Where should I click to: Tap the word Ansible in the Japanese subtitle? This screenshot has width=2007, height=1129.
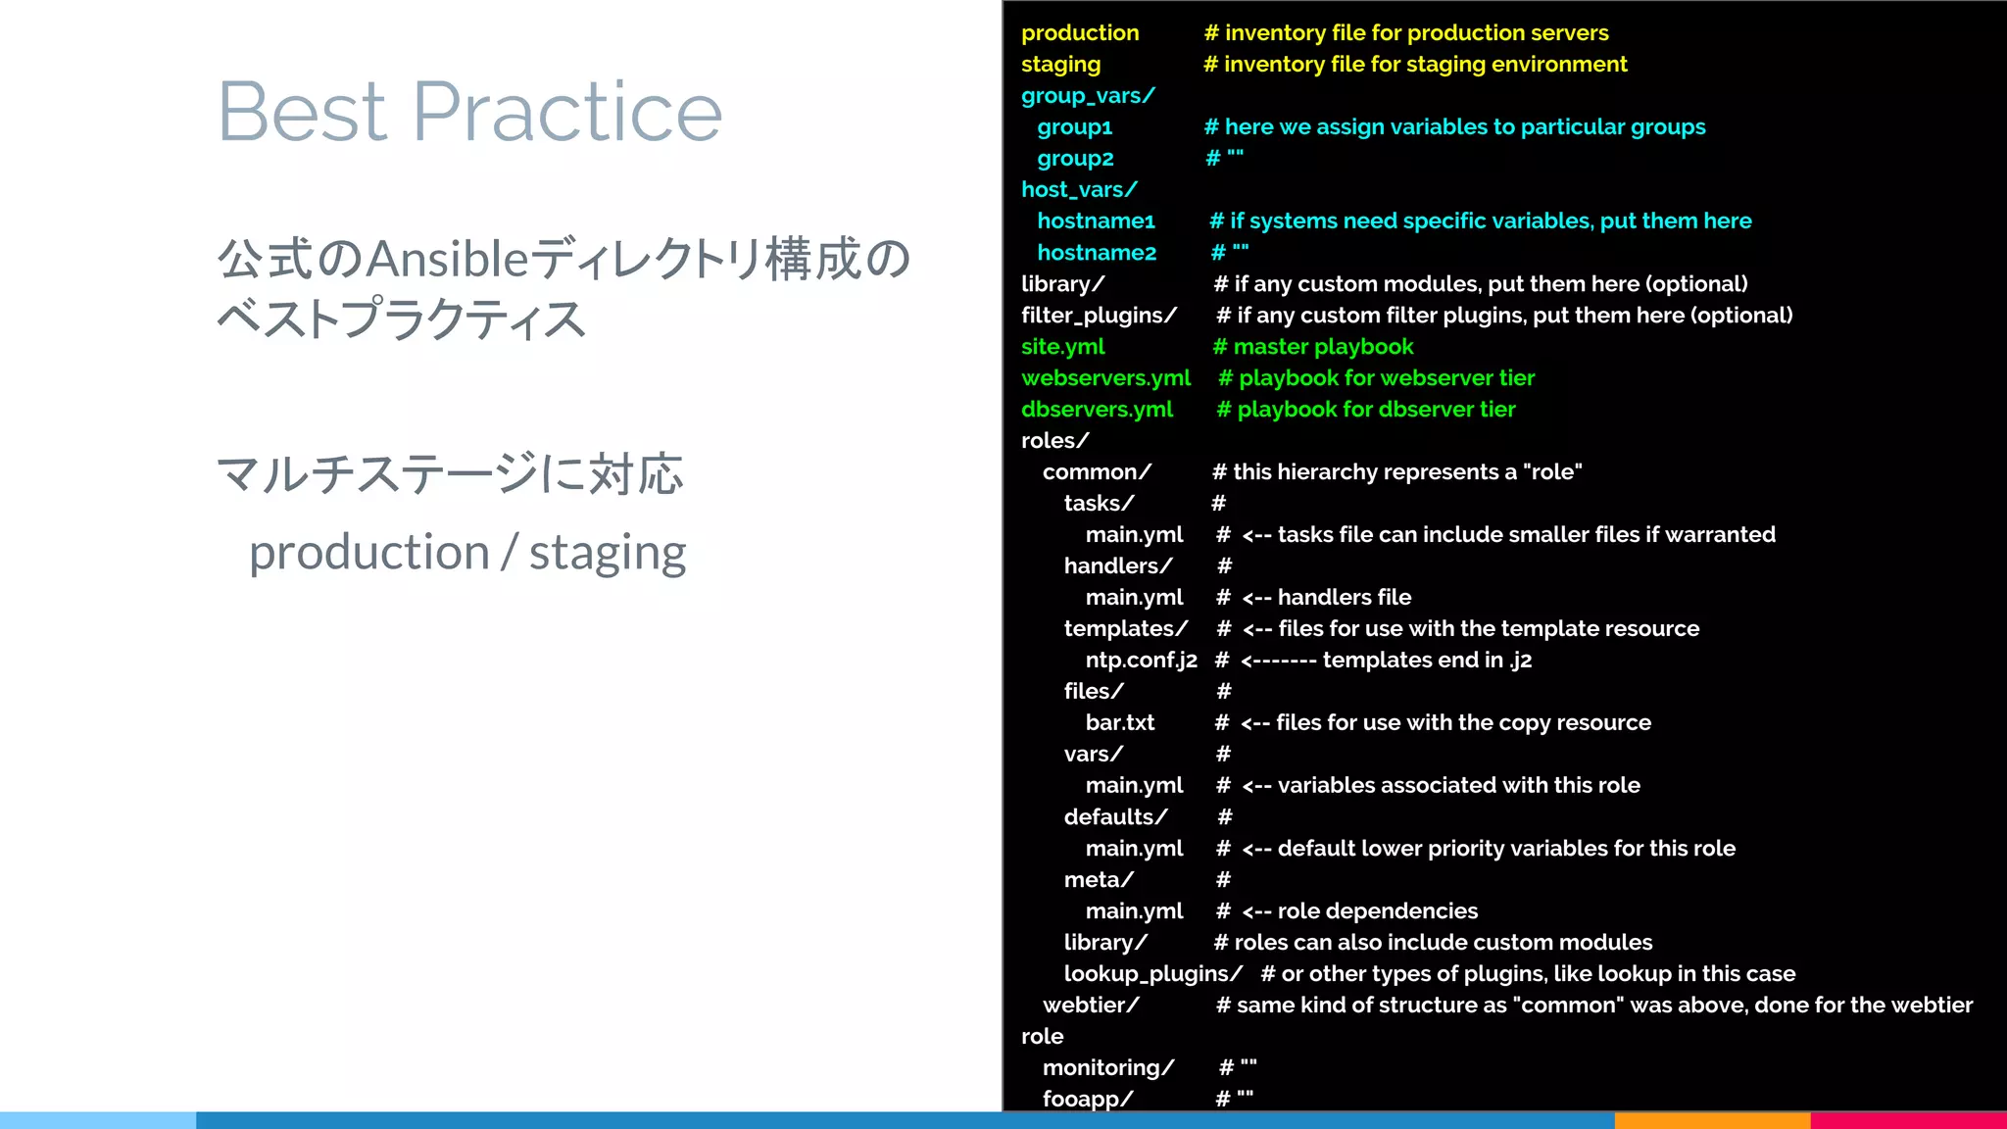click(x=448, y=259)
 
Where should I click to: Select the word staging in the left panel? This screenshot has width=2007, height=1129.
click(x=608, y=553)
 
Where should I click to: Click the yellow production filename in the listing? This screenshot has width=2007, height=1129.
click(x=1080, y=32)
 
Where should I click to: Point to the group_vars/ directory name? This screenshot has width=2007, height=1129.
click(x=1088, y=95)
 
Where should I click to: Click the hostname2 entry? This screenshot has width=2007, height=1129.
click(x=1097, y=252)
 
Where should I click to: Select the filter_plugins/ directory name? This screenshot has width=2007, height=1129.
click(x=1099, y=315)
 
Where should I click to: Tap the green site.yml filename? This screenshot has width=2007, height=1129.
click(x=1062, y=346)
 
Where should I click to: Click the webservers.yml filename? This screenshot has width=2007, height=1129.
click(x=1105, y=377)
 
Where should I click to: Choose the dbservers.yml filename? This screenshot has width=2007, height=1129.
click(x=1097, y=409)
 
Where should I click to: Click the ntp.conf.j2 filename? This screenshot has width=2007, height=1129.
click(x=1141, y=660)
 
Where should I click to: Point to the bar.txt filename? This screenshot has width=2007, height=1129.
click(x=1119, y=722)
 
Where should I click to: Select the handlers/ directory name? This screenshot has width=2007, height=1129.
click(x=1118, y=565)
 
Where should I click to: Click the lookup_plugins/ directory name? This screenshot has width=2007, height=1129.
click(x=1152, y=973)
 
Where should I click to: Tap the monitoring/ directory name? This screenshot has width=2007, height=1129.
click(x=1107, y=1067)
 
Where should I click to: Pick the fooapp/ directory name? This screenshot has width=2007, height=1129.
click(x=1087, y=1099)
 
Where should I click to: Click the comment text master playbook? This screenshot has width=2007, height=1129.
click(x=1322, y=346)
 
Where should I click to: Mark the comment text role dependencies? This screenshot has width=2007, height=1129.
click(x=1377, y=910)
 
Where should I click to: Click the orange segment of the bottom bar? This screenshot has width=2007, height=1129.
click(x=1711, y=1120)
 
